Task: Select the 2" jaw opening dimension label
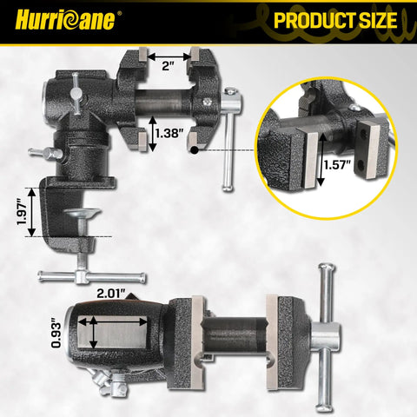168,66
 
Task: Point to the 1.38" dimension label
169,133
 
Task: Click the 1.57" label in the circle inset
337,165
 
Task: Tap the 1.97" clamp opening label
23,212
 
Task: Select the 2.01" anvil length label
111,294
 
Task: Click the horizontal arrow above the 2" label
169,56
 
